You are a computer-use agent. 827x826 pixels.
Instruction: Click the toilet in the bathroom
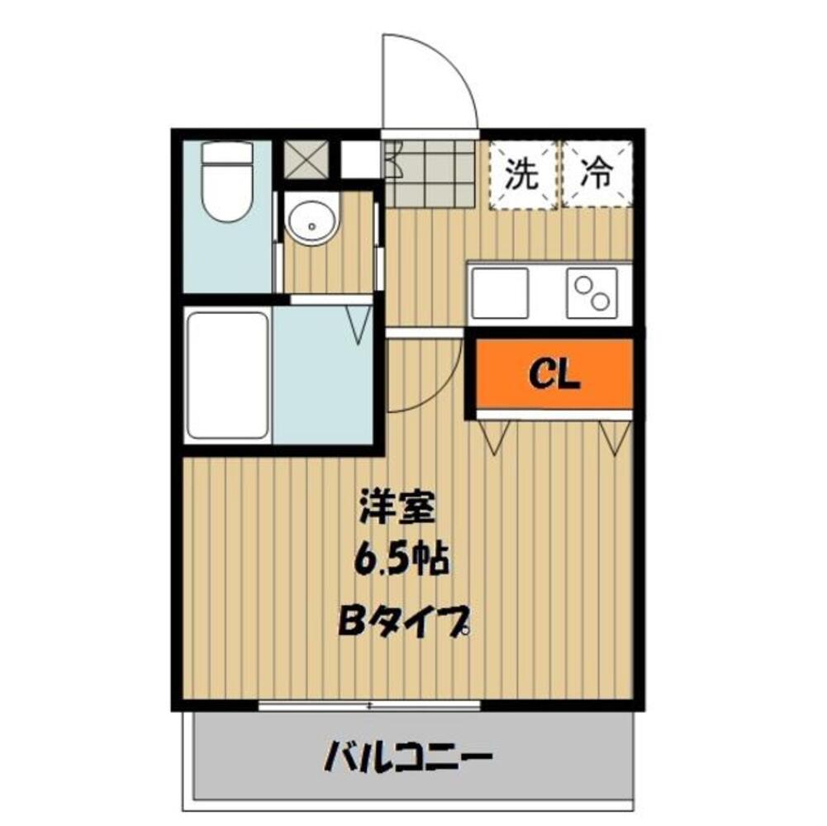click(227, 183)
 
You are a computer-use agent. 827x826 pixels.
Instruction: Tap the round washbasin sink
click(311, 221)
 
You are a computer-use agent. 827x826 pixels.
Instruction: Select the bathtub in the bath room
click(227, 376)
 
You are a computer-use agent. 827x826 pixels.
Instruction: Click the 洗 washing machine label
click(521, 174)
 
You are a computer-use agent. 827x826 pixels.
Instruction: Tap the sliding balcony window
click(369, 705)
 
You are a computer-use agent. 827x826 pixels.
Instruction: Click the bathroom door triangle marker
click(360, 324)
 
